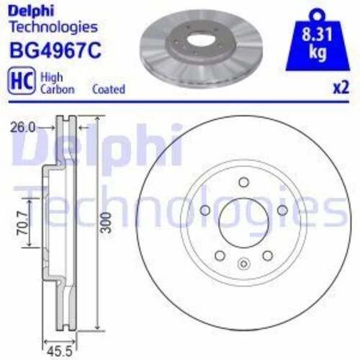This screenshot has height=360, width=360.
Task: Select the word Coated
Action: [109, 89]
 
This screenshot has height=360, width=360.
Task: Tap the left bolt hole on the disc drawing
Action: [205, 211]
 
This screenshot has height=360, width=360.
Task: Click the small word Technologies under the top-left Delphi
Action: [52, 27]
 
